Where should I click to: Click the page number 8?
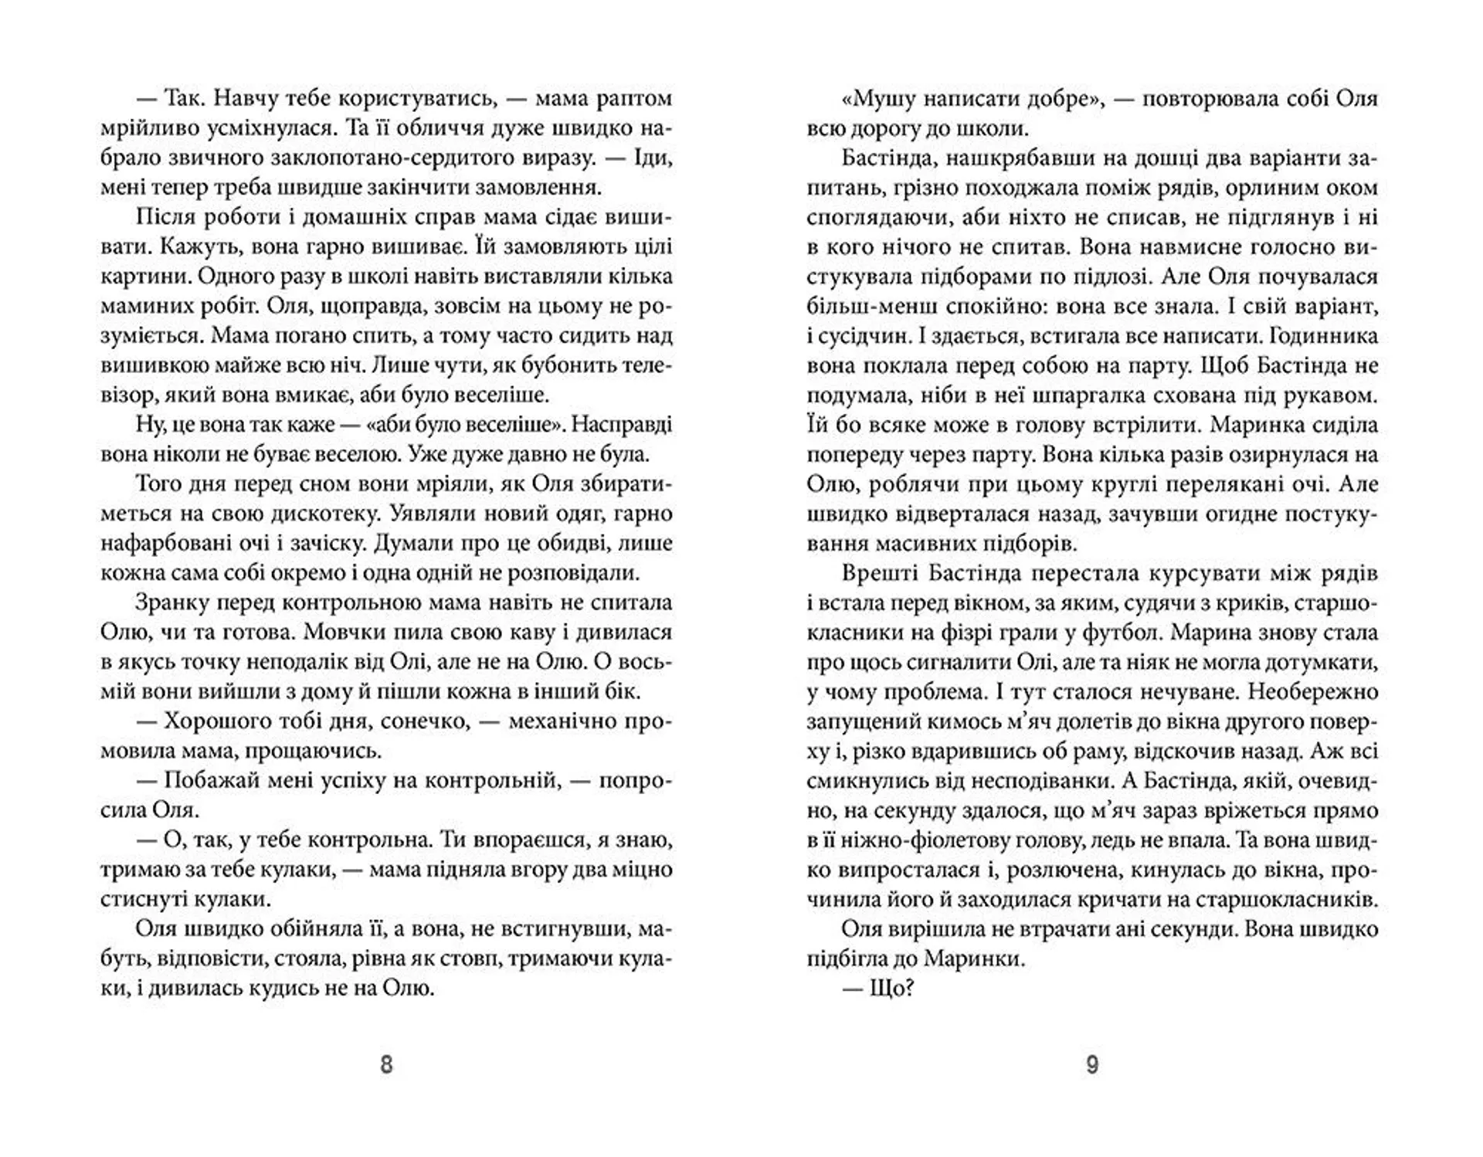[387, 1065]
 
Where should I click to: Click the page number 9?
[1092, 1065]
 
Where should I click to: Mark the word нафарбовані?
[168, 544]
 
